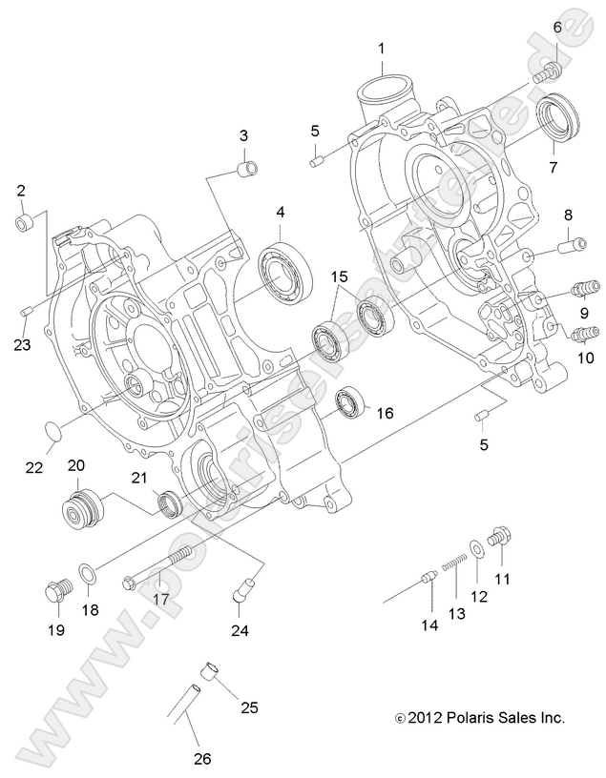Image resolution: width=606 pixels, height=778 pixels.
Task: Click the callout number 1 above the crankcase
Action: (381, 48)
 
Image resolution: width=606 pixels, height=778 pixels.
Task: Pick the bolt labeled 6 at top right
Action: (548, 71)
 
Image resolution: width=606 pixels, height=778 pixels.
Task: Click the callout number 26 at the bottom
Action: (200, 759)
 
